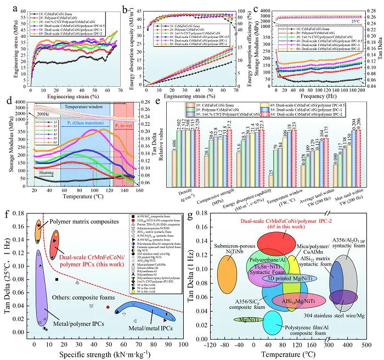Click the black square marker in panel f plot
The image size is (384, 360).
click(x=57, y=264)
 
